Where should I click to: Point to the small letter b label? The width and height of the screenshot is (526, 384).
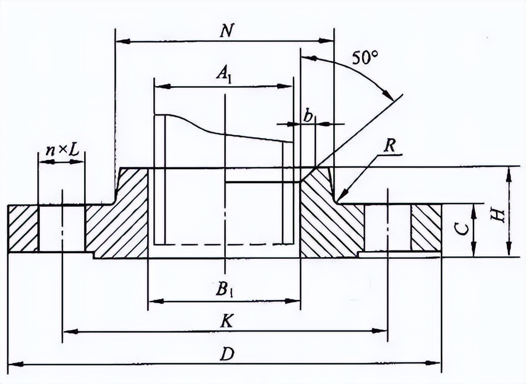tap(308, 116)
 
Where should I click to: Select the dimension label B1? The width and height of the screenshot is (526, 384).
tap(224, 290)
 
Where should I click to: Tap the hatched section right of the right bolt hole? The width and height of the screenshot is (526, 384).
tap(426, 228)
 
